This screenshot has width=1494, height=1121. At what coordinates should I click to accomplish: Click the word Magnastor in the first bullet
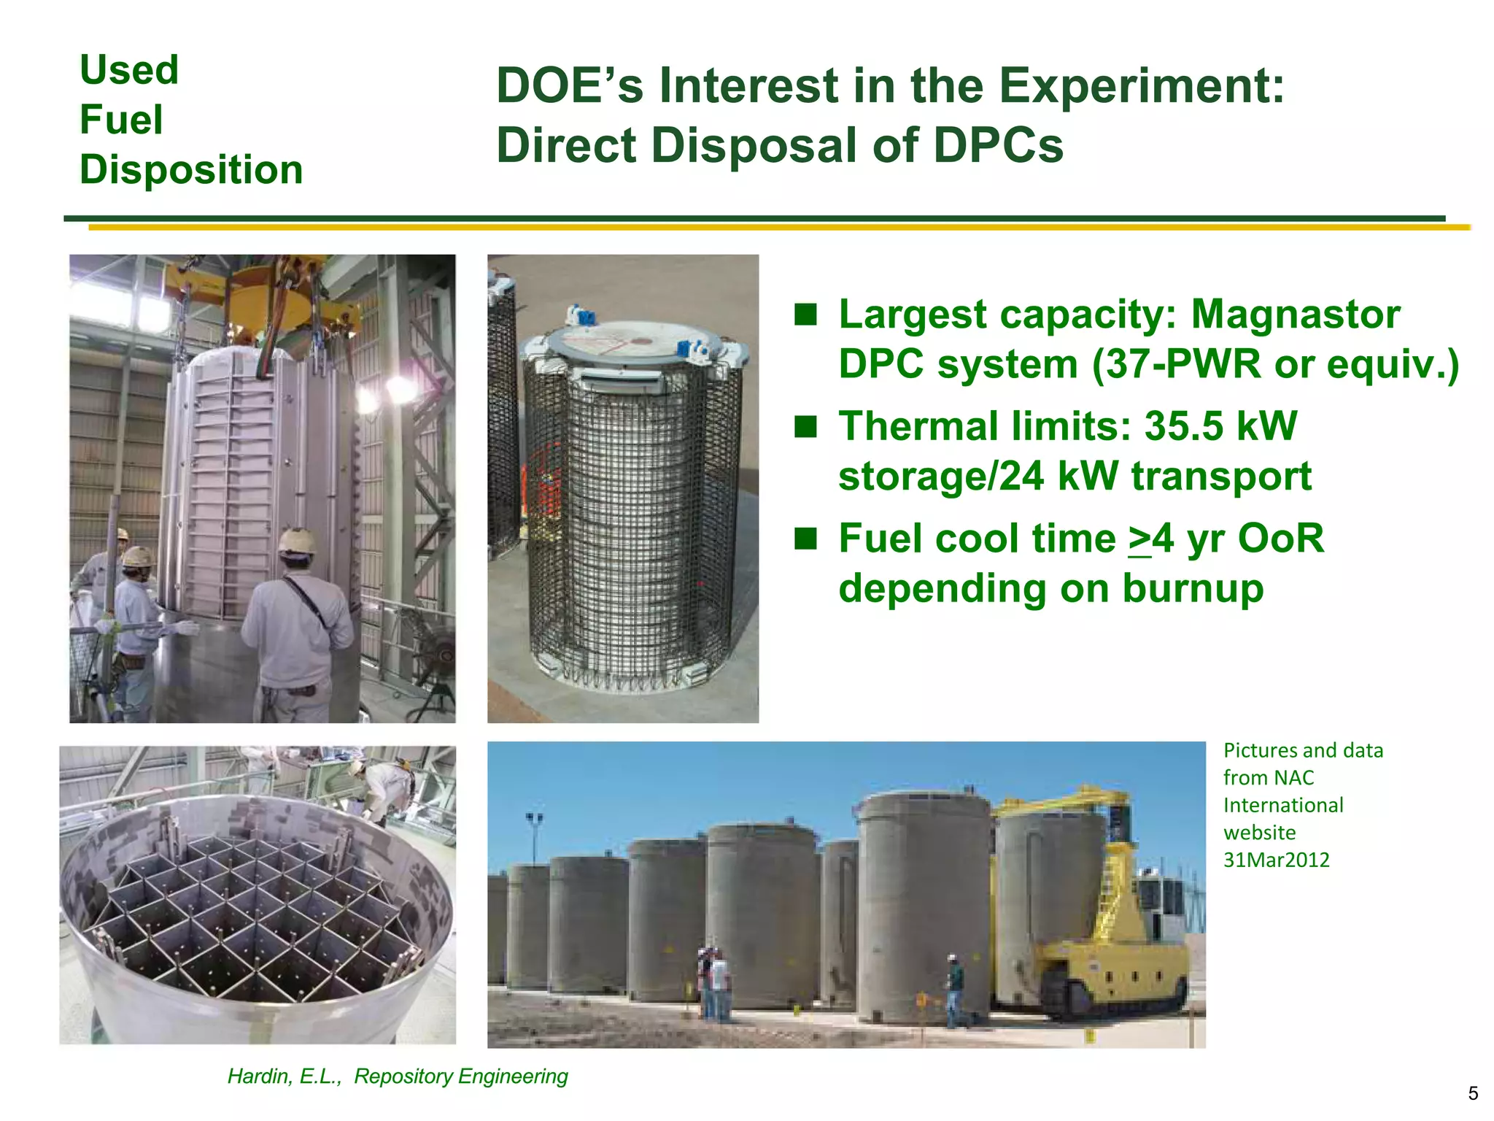point(1295,315)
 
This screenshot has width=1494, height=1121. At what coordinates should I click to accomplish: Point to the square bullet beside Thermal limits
point(805,426)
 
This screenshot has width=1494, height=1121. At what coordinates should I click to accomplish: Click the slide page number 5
point(1472,1093)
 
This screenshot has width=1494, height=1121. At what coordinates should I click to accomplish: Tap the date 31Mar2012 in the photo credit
point(1276,860)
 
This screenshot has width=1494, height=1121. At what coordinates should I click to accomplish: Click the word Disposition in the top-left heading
point(191,169)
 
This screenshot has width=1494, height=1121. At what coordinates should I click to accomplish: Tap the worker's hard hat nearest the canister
point(297,542)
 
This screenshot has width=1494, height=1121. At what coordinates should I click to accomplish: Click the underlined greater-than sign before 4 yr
point(1139,540)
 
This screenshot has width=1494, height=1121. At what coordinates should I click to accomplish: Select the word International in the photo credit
point(1282,806)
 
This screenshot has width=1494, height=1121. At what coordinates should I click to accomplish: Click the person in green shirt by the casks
point(953,989)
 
